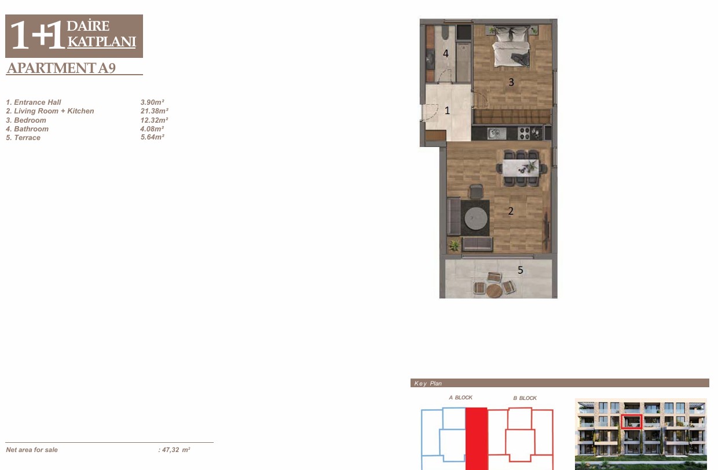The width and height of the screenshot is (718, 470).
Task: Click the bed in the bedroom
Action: click(x=511, y=47)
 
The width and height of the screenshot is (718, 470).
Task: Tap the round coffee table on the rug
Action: click(x=476, y=219)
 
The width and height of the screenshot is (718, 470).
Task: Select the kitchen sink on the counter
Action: click(x=496, y=133)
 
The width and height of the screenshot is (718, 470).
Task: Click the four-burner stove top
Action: click(x=525, y=133)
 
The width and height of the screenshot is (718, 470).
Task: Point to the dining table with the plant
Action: click(x=521, y=168)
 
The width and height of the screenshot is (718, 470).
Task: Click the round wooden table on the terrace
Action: click(x=494, y=291)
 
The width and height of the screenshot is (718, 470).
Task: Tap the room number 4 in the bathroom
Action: click(x=445, y=53)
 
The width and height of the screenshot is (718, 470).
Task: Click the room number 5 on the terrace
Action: click(x=520, y=270)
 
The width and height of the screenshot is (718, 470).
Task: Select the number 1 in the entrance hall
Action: click(x=447, y=111)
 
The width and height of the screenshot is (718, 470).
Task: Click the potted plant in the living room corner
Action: click(x=454, y=246)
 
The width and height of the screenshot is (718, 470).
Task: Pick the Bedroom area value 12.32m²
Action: click(x=154, y=120)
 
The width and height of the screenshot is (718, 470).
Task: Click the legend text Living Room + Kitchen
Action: click(x=54, y=111)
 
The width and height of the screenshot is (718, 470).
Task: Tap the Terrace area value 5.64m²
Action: click(x=152, y=137)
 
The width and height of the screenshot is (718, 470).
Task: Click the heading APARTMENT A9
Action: click(x=61, y=68)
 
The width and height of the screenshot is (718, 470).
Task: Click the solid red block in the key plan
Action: click(x=477, y=439)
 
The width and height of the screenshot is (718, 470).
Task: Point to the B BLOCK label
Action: click(x=525, y=398)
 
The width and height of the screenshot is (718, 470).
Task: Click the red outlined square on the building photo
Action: click(x=632, y=421)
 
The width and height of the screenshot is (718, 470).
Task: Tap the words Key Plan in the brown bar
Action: click(x=428, y=383)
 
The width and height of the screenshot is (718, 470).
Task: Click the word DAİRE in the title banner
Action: click(x=88, y=25)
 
